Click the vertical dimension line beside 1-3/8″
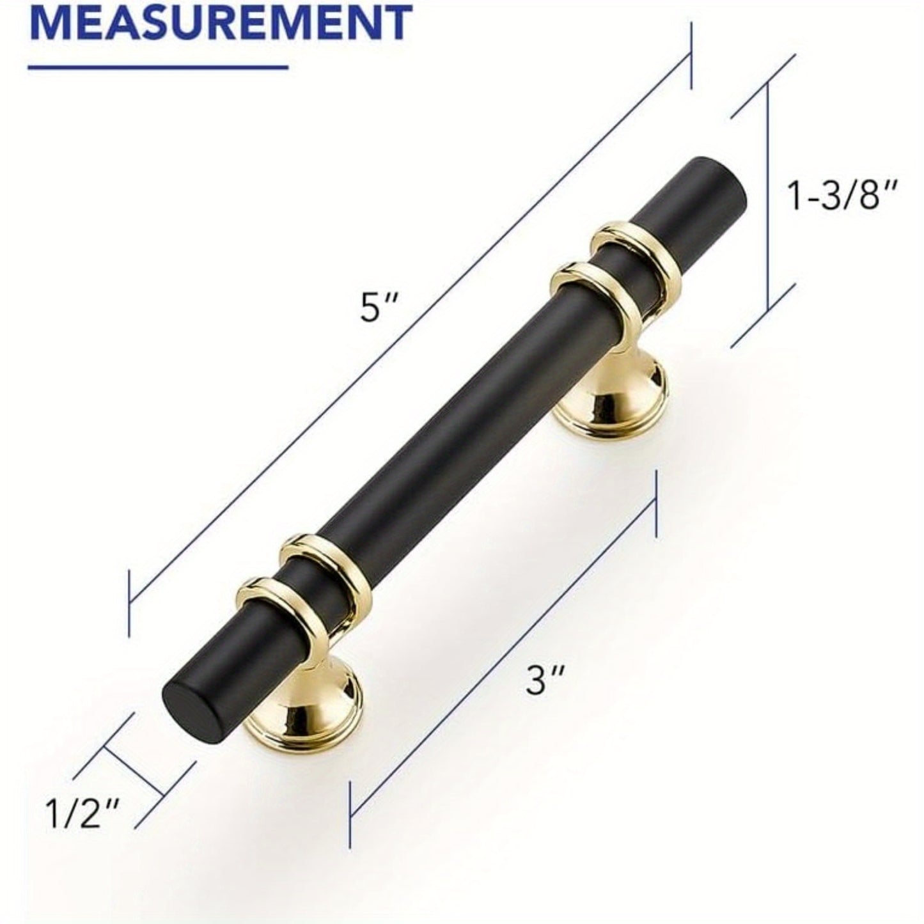click(767, 198)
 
